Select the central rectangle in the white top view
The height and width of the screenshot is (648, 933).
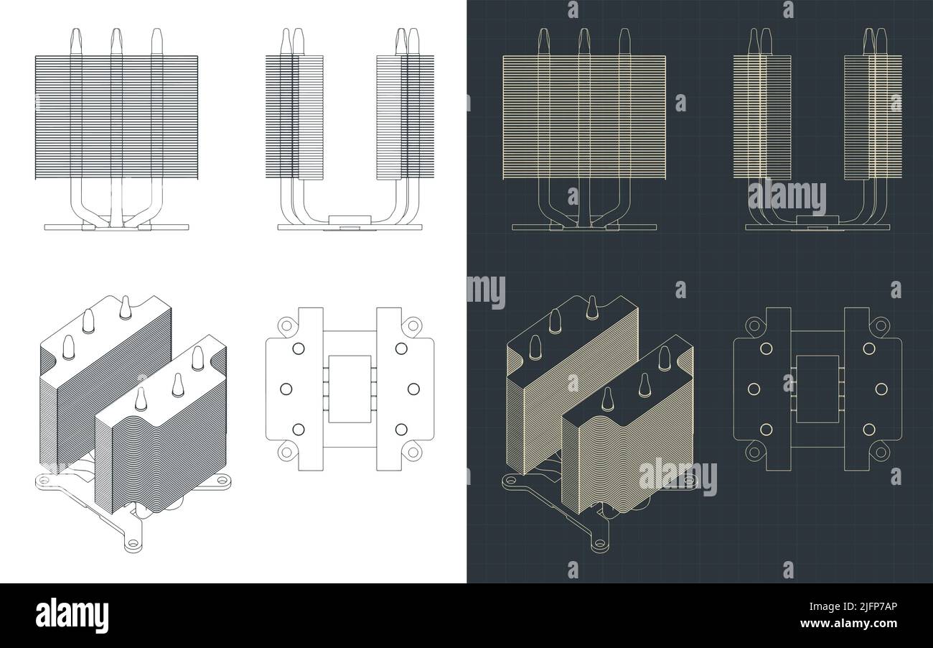(349, 388)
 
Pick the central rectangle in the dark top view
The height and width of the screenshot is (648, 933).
(817, 388)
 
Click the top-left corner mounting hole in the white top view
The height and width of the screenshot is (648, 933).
(285, 325)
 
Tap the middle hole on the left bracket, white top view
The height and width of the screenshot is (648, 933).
(286, 388)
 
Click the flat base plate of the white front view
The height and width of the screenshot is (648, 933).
(116, 227)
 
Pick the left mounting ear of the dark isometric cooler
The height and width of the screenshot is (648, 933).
(511, 480)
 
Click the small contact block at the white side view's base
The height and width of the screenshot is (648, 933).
(349, 221)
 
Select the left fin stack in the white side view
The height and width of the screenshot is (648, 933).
(294, 116)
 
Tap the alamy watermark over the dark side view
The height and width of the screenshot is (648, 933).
(787, 196)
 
